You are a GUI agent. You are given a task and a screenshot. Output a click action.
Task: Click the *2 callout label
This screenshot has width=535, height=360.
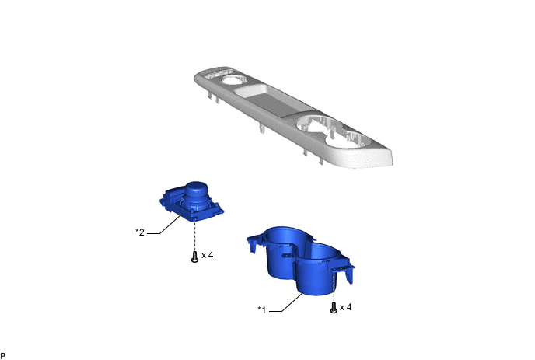[x=140, y=232]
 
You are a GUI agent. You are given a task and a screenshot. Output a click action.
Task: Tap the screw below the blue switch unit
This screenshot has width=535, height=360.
[x=194, y=258]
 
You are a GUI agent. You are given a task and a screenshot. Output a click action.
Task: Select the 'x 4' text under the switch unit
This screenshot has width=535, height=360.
[x=208, y=255]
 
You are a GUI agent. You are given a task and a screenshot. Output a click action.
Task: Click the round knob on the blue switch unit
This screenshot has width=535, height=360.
[x=198, y=190]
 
